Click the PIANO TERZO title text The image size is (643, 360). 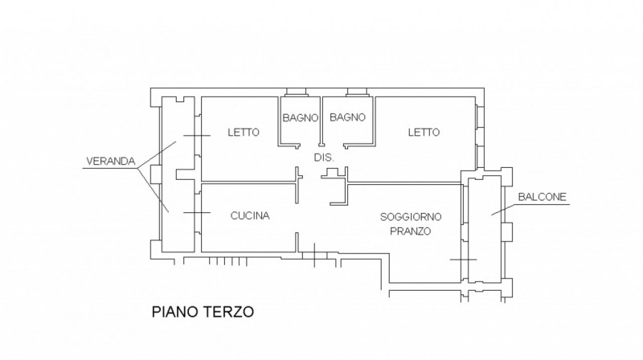(203, 312)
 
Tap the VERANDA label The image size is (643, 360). (111, 162)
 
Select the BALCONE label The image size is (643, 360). (542, 197)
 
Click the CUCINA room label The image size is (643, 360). (250, 215)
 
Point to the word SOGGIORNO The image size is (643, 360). (411, 216)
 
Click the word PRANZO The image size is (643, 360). (410, 231)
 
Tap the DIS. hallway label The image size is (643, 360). (324, 157)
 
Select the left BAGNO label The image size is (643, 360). (300, 117)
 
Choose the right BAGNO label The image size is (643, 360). (347, 117)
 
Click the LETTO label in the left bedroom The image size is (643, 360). (244, 132)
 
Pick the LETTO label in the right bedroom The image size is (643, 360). (424, 132)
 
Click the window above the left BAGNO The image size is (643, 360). (296, 92)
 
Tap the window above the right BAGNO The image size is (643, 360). (357, 92)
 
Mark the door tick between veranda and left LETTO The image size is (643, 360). (197, 135)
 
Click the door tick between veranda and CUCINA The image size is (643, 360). (197, 212)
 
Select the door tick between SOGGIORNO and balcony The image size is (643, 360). (464, 260)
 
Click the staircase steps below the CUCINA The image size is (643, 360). (228, 261)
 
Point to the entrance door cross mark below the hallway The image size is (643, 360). (314, 255)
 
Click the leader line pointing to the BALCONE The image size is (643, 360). (505, 209)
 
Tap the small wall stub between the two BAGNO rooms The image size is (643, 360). (321, 121)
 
